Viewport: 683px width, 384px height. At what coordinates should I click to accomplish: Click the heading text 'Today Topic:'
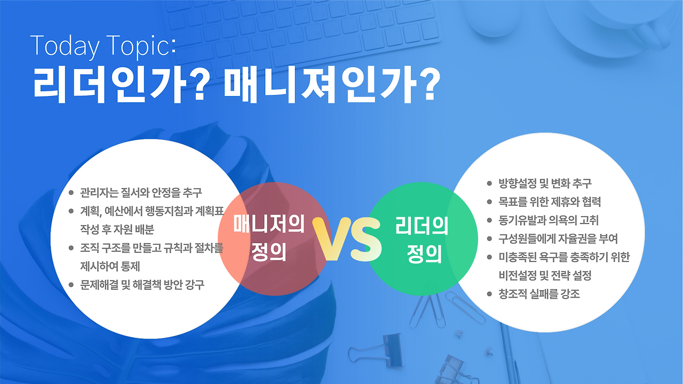[103, 46]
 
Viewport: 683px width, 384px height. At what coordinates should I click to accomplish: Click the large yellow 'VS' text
[347, 239]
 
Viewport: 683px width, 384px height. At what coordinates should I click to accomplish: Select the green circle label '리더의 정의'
[422, 239]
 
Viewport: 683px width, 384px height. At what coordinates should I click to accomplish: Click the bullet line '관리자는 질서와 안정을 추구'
[141, 193]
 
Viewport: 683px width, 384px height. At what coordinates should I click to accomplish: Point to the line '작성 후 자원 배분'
[117, 229]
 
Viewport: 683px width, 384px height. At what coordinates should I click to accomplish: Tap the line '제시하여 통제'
[110, 266]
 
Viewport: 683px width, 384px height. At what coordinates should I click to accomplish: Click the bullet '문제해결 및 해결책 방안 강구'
[142, 285]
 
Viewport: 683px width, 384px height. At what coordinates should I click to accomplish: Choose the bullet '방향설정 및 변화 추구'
[545, 183]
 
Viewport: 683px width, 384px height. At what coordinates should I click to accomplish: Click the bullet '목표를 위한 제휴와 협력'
[550, 202]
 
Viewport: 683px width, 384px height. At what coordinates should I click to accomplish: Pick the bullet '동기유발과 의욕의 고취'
[549, 220]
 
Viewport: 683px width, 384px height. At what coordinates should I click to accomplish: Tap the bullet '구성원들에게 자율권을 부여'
[558, 238]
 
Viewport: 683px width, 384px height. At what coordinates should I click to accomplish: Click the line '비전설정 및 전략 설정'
[545, 276]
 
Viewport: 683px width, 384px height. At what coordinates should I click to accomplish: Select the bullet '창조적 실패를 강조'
[539, 294]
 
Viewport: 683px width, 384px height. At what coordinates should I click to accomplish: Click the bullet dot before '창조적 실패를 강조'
[489, 294]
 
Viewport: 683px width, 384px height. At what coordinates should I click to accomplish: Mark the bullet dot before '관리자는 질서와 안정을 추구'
[71, 193]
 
